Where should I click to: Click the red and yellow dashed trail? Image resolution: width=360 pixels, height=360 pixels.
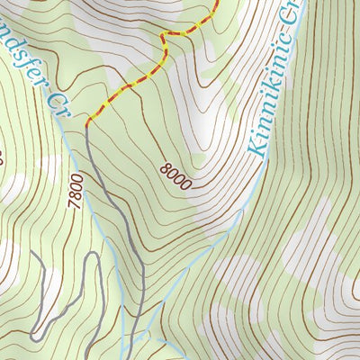tap(126, 86)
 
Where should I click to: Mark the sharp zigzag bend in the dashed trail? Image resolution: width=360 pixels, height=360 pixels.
tap(165, 38)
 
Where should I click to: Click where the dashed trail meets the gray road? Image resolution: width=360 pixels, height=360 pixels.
tap(87, 124)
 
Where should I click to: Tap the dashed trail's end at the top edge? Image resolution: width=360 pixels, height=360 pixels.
tap(218, 3)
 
